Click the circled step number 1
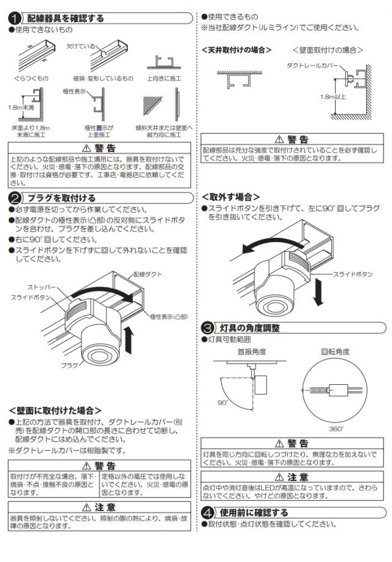(15, 19)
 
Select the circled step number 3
(208, 328)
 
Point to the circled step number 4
(208, 512)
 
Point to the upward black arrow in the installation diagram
(128, 340)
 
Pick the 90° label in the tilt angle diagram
(222, 403)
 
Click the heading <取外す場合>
(226, 197)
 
